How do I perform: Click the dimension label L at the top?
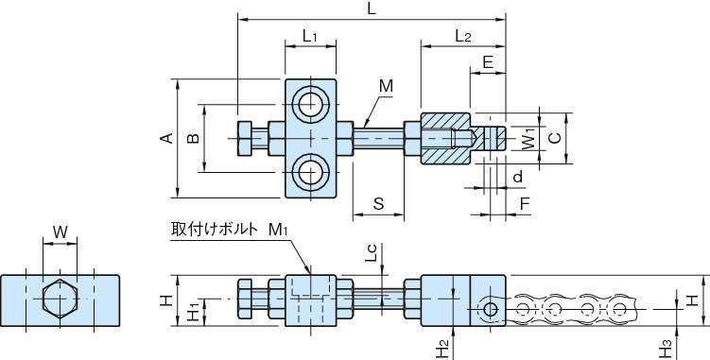pyautogui.click(x=372, y=9)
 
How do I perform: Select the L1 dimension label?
pyautogui.click(x=310, y=36)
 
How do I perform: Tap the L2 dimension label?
pyautogui.click(x=462, y=36)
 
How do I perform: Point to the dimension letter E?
pyautogui.click(x=488, y=61)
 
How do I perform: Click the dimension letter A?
pyautogui.click(x=167, y=138)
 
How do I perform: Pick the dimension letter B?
pyautogui.click(x=194, y=138)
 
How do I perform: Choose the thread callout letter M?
pyautogui.click(x=386, y=86)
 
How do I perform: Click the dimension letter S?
pyautogui.click(x=378, y=204)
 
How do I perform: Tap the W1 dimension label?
pyautogui.click(x=528, y=139)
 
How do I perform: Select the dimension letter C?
pyautogui.click(x=555, y=138)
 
